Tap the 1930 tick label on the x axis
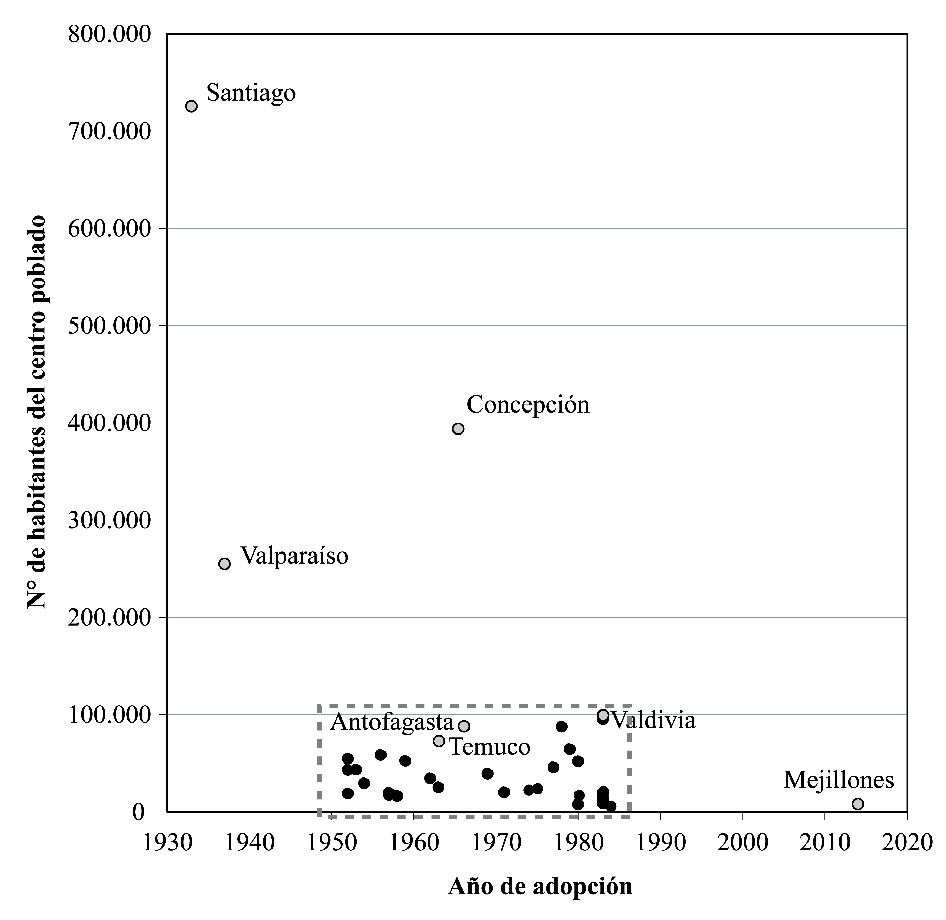167,842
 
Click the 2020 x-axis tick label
907,842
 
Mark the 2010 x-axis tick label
825,842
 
